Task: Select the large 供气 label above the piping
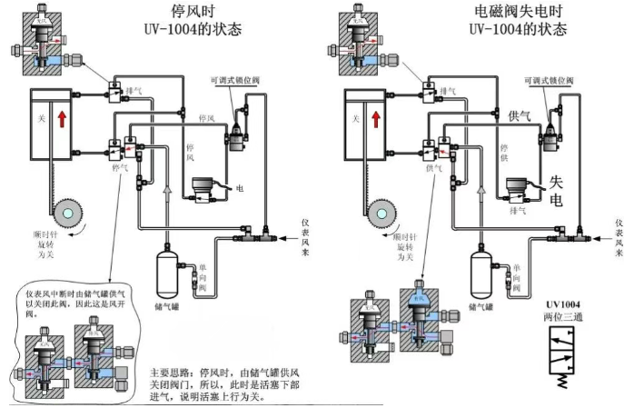(520, 115)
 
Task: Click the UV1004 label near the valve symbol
(563, 304)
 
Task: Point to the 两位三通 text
(563, 318)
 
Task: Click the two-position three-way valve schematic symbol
(565, 355)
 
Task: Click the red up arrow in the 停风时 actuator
(64, 118)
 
